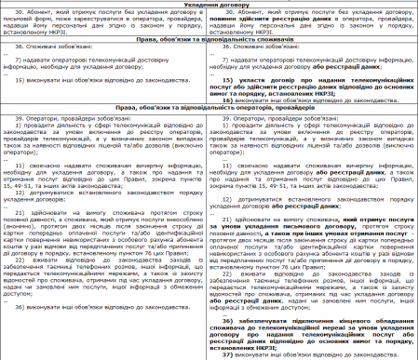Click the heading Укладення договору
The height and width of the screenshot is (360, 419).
(209, 5)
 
